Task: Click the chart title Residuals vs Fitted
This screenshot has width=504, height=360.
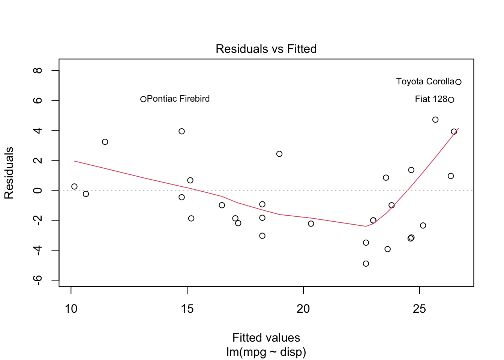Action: coord(266,49)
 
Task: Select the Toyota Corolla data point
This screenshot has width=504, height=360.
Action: coord(458,82)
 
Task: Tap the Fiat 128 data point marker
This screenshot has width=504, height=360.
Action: coord(451,100)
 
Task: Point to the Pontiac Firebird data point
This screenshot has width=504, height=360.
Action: coord(143,99)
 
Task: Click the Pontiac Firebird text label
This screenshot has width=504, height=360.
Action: coord(178,99)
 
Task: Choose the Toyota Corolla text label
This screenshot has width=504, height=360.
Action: coord(425,81)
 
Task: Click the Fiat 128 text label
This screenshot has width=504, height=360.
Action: coord(431,99)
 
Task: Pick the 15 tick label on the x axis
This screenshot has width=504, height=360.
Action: coord(187,309)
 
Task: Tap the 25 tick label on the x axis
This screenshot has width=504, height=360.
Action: coord(419,309)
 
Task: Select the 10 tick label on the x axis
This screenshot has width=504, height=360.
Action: coord(71,309)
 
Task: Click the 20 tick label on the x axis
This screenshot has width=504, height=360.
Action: coord(303,309)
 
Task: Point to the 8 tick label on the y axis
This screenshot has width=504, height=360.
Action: coord(37,70)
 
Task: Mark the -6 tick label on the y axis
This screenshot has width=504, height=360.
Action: coord(37,280)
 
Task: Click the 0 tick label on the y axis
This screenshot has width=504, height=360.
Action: coord(37,190)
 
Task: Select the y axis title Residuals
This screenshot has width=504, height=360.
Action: coord(9,173)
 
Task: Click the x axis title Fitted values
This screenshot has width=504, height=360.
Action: coord(266,337)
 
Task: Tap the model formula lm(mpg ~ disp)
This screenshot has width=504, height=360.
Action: coord(266,352)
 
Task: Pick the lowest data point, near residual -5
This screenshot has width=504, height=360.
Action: coord(366,264)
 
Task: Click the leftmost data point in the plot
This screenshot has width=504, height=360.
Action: coord(74,186)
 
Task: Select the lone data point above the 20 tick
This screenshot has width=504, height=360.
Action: coord(311,223)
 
